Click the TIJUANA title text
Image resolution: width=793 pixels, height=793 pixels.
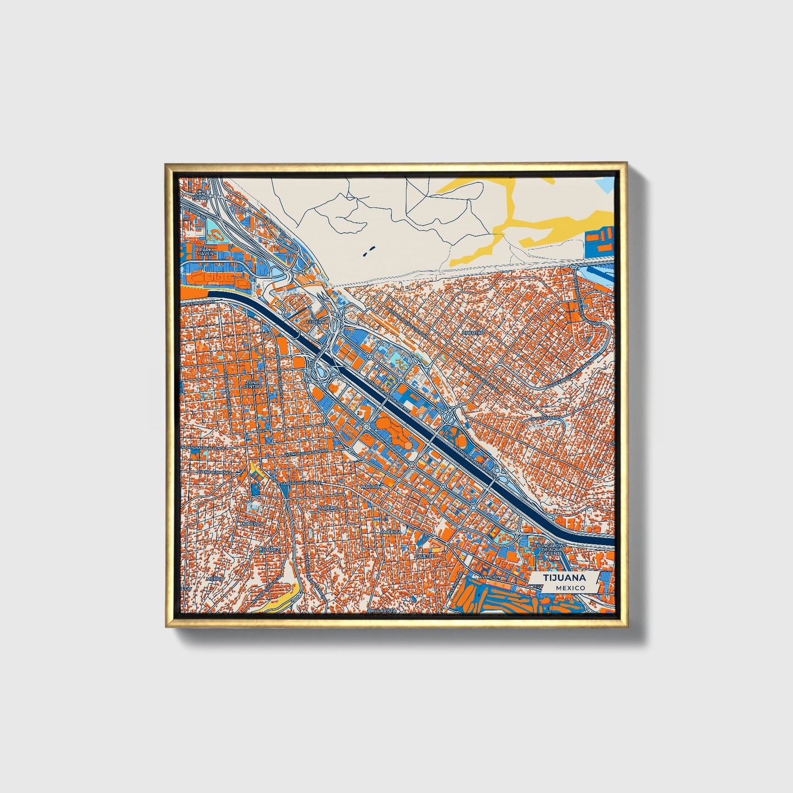tap(564, 578)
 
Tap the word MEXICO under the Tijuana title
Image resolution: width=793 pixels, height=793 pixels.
tap(570, 588)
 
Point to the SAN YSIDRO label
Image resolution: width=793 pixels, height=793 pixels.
tap(200, 196)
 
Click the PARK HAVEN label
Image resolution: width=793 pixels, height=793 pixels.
tap(206, 251)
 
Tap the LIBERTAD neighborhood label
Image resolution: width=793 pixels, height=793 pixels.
tap(473, 333)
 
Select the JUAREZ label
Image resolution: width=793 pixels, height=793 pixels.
tap(270, 549)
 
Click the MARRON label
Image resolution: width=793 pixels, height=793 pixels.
tap(370, 487)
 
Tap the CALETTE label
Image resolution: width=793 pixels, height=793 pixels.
tap(425, 555)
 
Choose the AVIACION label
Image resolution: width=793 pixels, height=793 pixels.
tap(490, 578)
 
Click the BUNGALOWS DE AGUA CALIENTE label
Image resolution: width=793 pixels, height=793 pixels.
tap(550, 549)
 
